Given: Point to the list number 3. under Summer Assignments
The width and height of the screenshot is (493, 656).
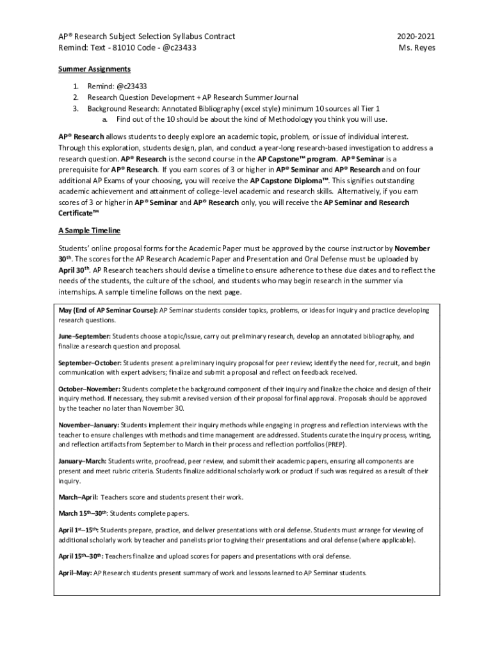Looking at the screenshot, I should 75,108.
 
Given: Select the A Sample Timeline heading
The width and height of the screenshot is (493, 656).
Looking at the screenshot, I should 89,230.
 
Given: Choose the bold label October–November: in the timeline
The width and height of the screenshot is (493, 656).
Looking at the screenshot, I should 90,389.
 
